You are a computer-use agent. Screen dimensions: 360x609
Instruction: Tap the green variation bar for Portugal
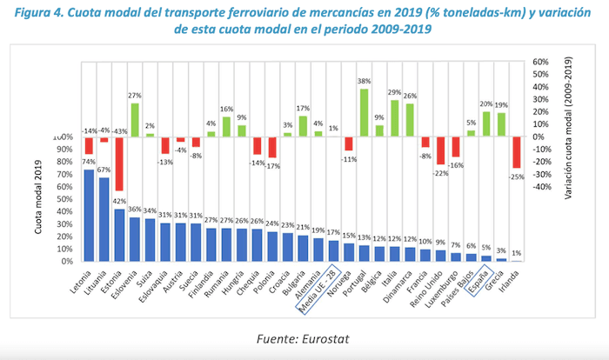pos(364,112)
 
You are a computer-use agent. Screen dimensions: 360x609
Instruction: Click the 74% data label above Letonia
pos(89,162)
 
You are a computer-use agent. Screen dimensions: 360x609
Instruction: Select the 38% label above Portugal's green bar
pos(365,82)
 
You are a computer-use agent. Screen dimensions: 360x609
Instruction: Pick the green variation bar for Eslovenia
pos(135,119)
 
